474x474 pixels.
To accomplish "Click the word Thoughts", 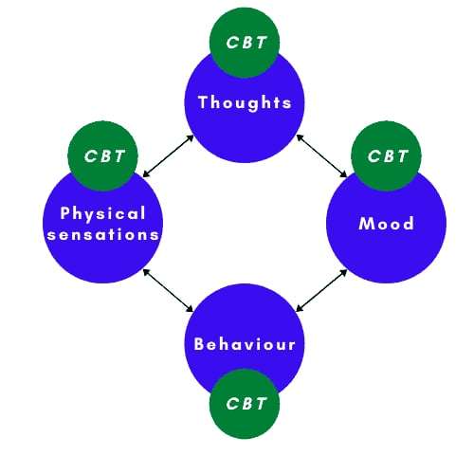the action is pyautogui.click(x=245, y=103).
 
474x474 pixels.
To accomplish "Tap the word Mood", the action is pyautogui.click(x=386, y=224).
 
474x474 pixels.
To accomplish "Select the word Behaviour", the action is pyautogui.click(x=245, y=344).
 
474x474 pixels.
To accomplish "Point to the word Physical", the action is pyautogui.click(x=102, y=214).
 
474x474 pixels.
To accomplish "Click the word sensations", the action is pyautogui.click(x=102, y=234).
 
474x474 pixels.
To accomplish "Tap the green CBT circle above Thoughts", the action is pyautogui.click(x=245, y=43).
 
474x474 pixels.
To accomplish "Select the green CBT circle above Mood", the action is pyautogui.click(x=386, y=156).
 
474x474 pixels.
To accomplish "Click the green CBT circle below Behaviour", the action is pyautogui.click(x=245, y=404).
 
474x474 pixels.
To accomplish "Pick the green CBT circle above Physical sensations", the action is pyautogui.click(x=102, y=156).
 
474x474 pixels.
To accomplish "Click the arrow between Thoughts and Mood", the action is pyautogui.click(x=321, y=155).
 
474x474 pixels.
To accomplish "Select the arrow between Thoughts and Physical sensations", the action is pyautogui.click(x=168, y=155).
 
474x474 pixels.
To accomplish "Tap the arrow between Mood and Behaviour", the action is pyautogui.click(x=321, y=290).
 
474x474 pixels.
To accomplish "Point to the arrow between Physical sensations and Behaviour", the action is pyautogui.click(x=168, y=290).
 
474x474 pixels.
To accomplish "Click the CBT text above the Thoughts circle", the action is pyautogui.click(x=246, y=43).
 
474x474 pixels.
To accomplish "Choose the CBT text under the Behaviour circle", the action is pyautogui.click(x=246, y=404).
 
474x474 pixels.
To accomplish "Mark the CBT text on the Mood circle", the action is pyautogui.click(x=388, y=156).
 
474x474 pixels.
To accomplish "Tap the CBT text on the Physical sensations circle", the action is pyautogui.click(x=104, y=156).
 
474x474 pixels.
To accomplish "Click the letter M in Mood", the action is pyautogui.click(x=366, y=224).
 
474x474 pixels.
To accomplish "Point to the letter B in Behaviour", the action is pyautogui.click(x=199, y=344).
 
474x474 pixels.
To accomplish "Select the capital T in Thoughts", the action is pyautogui.click(x=203, y=101).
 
